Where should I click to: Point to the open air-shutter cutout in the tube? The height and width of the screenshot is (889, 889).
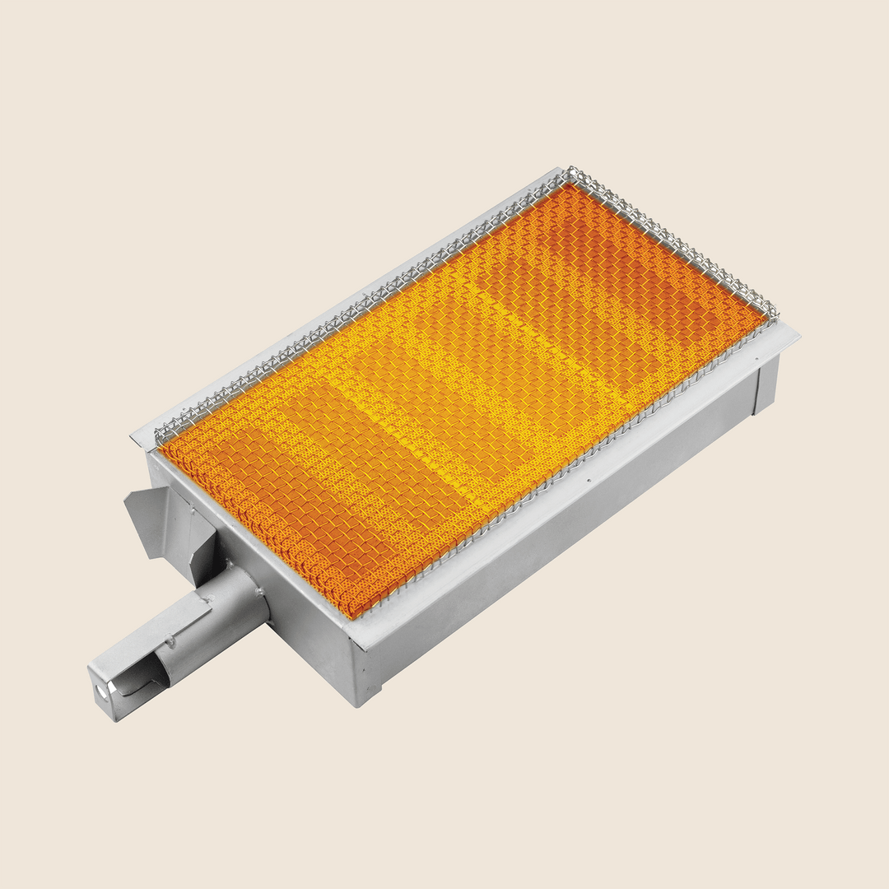pyautogui.click(x=144, y=679)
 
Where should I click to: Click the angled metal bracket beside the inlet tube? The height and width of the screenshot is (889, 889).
pyautogui.click(x=152, y=514)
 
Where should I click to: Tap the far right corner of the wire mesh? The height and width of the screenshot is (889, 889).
pyautogui.click(x=774, y=311)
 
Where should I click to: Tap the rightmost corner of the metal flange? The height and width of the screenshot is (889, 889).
pyautogui.click(x=798, y=334)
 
